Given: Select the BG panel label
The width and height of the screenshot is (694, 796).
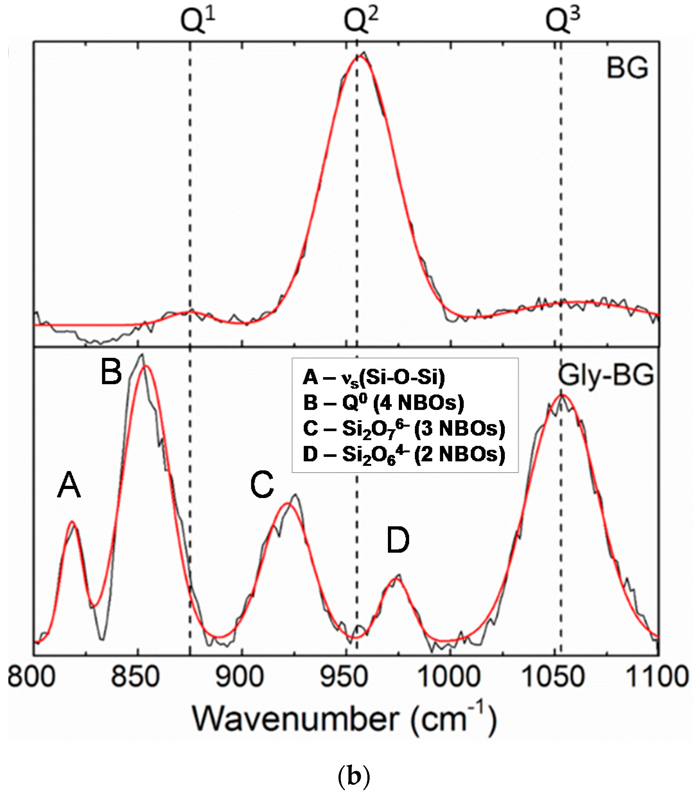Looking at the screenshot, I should (627, 69).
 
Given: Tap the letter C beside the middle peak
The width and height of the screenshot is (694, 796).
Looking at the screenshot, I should (262, 485).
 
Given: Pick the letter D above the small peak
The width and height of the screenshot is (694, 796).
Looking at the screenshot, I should (398, 541).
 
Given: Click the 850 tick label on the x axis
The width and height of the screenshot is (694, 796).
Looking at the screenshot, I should (135, 677).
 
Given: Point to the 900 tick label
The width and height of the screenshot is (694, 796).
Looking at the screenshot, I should (240, 677).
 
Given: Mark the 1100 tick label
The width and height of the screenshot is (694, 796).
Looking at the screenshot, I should (657, 677).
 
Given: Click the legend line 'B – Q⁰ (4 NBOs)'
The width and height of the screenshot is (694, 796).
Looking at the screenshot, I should (383, 403).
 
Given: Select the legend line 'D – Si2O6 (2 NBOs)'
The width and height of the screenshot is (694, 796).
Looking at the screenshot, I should (404, 454).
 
